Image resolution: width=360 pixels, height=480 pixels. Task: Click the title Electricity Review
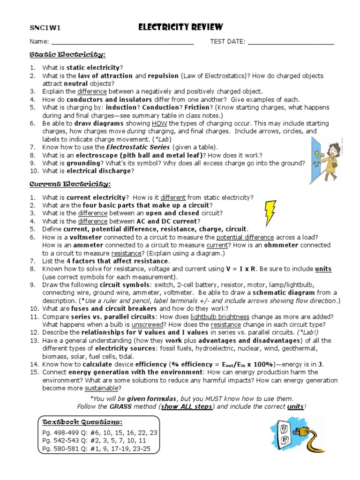point(180,27)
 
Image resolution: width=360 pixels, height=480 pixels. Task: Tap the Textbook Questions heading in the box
point(82,421)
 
